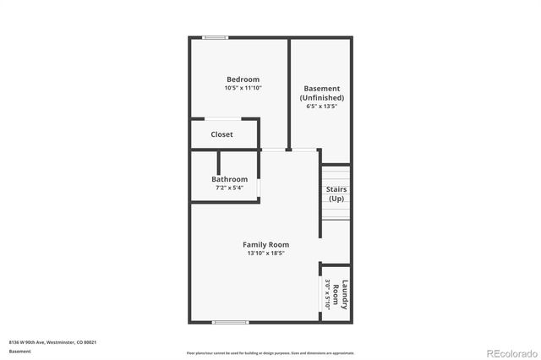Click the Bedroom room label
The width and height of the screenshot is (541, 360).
point(243,79)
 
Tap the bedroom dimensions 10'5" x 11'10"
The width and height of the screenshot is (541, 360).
point(243,88)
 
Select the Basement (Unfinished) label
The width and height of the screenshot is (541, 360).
point(321,93)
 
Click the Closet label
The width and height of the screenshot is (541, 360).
point(221,134)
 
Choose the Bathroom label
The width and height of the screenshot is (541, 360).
point(230,179)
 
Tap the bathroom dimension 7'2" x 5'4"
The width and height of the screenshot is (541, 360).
point(230,188)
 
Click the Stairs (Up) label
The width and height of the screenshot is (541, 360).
point(336,194)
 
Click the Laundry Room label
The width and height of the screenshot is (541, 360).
point(340,295)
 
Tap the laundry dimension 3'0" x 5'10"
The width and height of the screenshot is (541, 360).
point(327,295)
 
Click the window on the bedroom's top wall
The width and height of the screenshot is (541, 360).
point(216,37)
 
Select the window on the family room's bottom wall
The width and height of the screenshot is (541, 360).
point(229,322)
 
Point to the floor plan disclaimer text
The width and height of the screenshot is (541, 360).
point(270,352)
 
